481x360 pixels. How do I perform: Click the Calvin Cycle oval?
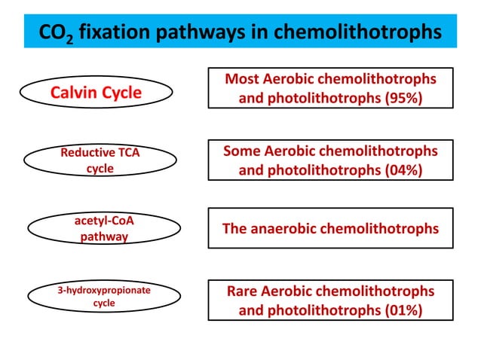pos(96,93)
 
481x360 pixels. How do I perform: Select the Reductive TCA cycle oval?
pos(100,161)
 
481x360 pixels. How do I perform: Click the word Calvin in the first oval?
pos(73,93)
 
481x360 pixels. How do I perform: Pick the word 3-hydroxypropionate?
pos(104,290)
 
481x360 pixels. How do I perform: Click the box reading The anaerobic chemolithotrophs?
pos(330,228)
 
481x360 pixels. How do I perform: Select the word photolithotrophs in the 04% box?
pos(317,170)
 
